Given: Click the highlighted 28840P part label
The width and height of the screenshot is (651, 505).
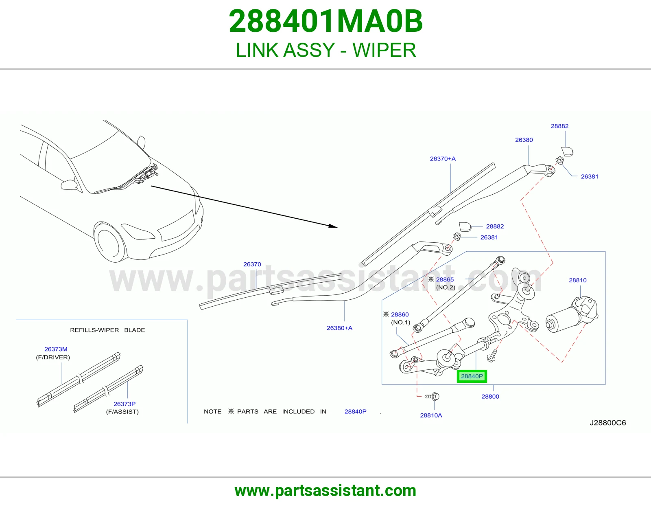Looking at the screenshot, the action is coord(472,376).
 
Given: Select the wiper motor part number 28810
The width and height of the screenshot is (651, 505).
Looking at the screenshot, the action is coord(578,280).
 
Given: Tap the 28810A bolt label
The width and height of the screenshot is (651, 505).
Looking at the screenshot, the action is coord(431,415).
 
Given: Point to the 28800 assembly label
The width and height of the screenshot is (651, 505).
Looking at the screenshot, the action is coord(490,396).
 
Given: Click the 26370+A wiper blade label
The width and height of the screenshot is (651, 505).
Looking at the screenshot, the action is coord(443,159).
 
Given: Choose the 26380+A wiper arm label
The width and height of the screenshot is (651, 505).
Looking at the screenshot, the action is coord(339,328).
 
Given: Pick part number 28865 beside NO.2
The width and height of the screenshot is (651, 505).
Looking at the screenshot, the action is coord(445,279).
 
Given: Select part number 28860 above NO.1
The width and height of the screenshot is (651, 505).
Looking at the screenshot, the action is coord(400,314).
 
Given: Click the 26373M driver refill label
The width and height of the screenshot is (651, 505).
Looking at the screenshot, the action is coord(56,349).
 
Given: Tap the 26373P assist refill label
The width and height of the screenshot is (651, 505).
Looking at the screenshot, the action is coord(125,404).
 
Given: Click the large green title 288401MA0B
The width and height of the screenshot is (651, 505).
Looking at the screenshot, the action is coord(325,21).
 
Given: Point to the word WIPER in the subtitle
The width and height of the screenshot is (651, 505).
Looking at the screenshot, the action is coord(384,50).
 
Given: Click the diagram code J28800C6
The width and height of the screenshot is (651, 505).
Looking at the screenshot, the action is coord(608,423).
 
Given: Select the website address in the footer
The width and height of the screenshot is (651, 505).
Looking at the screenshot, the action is coord(325,491).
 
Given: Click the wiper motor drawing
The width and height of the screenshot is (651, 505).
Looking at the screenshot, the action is coord(572,314).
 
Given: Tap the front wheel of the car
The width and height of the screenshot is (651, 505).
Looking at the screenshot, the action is coord(109,242).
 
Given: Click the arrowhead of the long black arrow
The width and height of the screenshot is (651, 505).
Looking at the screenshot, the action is coord(333,226).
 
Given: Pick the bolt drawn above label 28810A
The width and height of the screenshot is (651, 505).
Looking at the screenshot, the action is coord(432,396).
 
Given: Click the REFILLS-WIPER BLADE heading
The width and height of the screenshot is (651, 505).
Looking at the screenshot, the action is coord(107,330).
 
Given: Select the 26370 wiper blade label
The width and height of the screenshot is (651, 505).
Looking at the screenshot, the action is coord(252,264).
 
